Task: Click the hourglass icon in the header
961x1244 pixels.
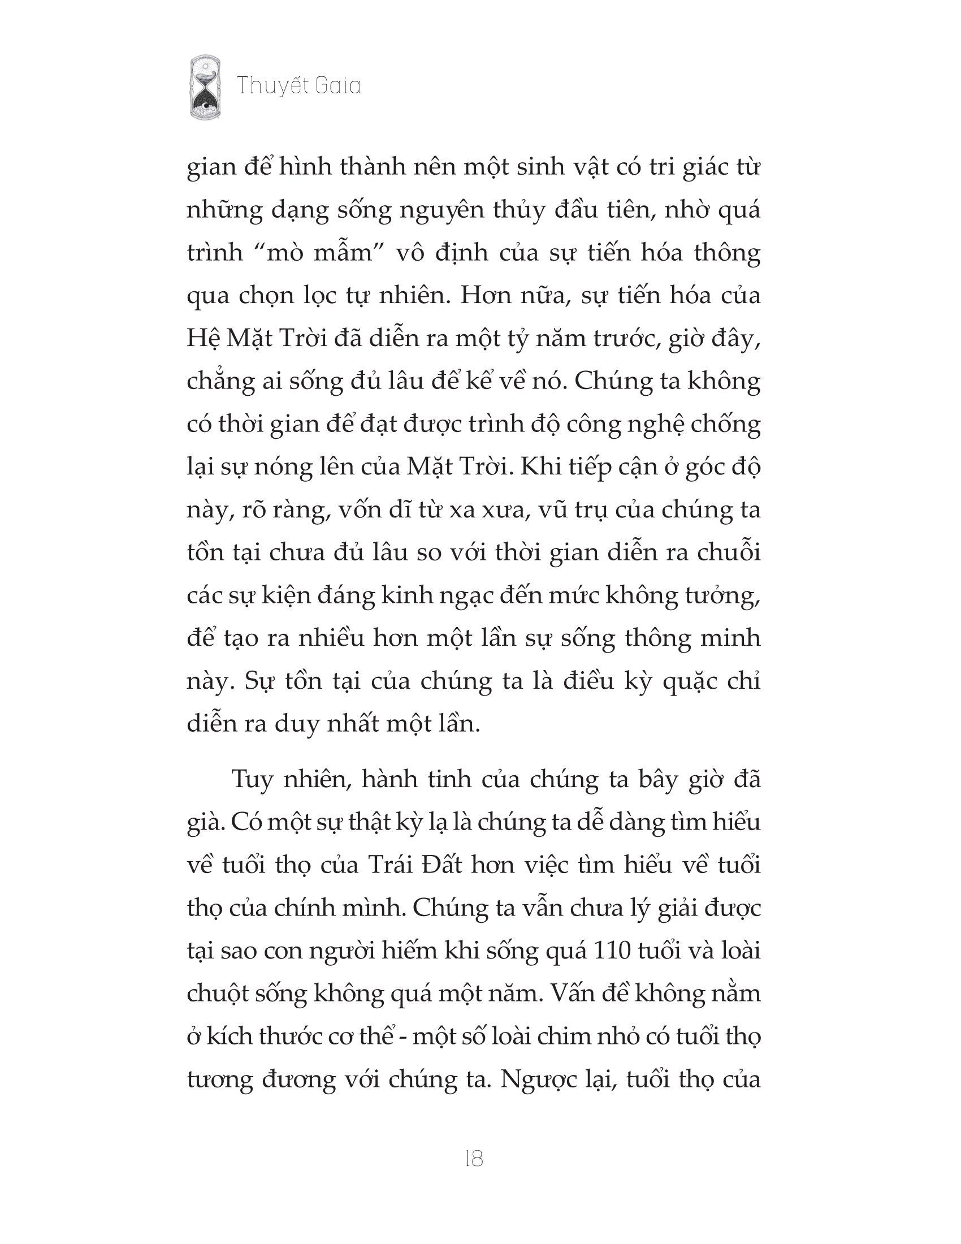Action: pyautogui.click(x=206, y=87)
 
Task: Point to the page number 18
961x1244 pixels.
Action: pyautogui.click(x=474, y=1159)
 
